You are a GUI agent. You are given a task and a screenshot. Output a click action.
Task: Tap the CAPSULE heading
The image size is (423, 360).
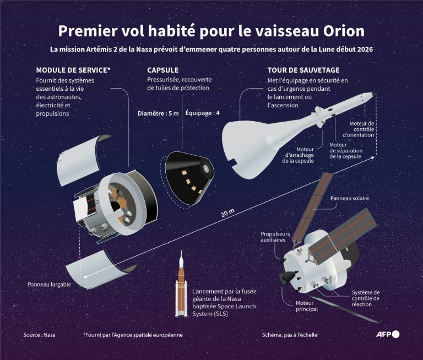pos(163,70)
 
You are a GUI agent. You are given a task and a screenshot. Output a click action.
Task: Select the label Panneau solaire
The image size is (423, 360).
pos(350,198)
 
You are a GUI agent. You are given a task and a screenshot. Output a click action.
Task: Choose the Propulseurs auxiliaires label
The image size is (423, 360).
pos(275,237)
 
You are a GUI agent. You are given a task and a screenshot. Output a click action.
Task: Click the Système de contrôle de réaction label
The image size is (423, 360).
pos(365,298)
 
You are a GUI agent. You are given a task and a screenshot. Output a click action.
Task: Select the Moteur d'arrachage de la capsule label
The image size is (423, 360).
pos(298,155)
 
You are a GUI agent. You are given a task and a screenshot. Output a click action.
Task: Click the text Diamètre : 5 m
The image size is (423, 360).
pos(158,113)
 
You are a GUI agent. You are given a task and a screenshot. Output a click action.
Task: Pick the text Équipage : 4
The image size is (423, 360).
pos(203,113)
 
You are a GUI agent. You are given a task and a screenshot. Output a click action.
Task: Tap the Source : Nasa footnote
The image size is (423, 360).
pos(39,335)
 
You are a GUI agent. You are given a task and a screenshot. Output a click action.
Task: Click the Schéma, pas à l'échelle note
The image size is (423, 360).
pos(290,335)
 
